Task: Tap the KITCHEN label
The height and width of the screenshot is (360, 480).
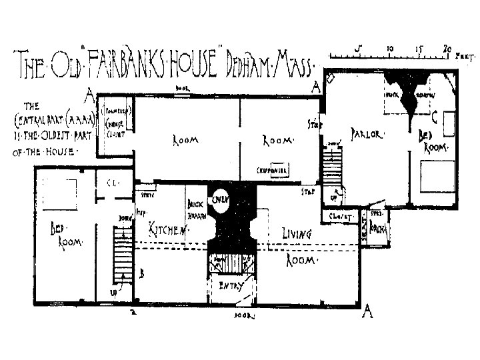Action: (166, 230)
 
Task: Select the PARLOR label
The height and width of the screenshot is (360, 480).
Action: (365, 134)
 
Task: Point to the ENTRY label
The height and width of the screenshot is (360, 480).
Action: (229, 287)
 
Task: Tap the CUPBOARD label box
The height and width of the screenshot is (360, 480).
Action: (273, 171)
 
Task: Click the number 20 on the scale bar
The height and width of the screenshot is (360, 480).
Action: (449, 48)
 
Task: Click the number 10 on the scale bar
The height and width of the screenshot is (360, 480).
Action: (389, 48)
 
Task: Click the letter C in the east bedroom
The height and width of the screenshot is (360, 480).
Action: (434, 118)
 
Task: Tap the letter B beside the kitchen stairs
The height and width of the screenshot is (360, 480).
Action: (142, 272)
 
